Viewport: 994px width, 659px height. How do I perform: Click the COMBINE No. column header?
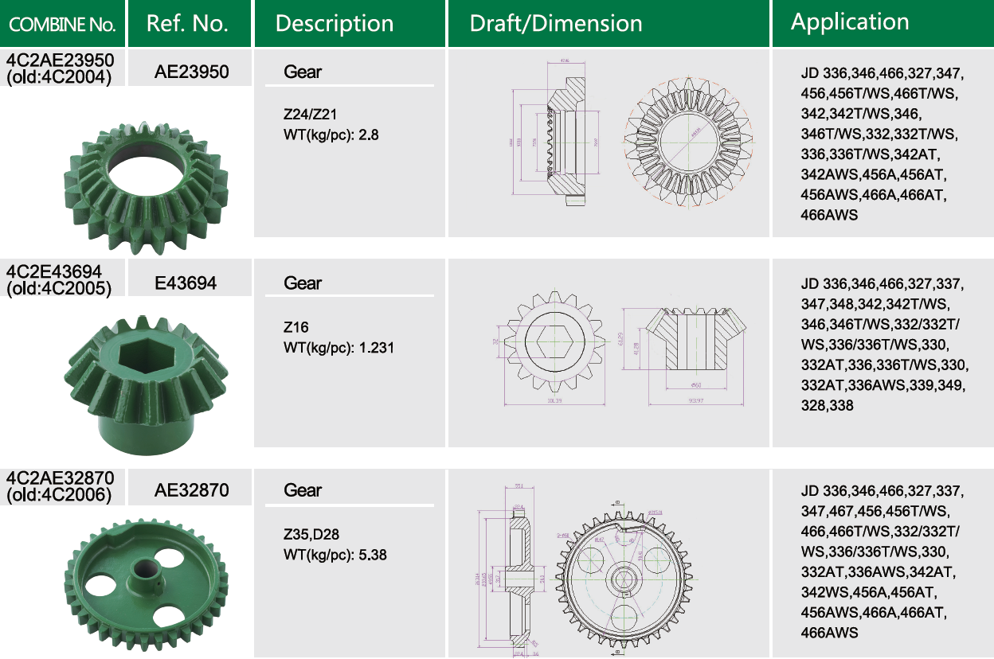pos(62,24)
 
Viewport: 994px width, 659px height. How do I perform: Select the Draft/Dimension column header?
pos(555,24)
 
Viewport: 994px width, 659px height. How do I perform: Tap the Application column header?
pos(849,22)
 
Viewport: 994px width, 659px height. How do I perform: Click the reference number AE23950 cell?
pos(191,72)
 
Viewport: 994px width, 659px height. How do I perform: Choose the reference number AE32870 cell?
pos(191,490)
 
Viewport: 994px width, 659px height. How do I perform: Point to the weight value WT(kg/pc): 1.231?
pos(339,348)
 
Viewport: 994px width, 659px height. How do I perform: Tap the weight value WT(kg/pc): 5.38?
pos(335,555)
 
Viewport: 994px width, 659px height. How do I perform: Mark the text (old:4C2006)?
pos(59,495)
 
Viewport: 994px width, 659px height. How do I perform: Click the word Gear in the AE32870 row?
pos(303,490)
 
